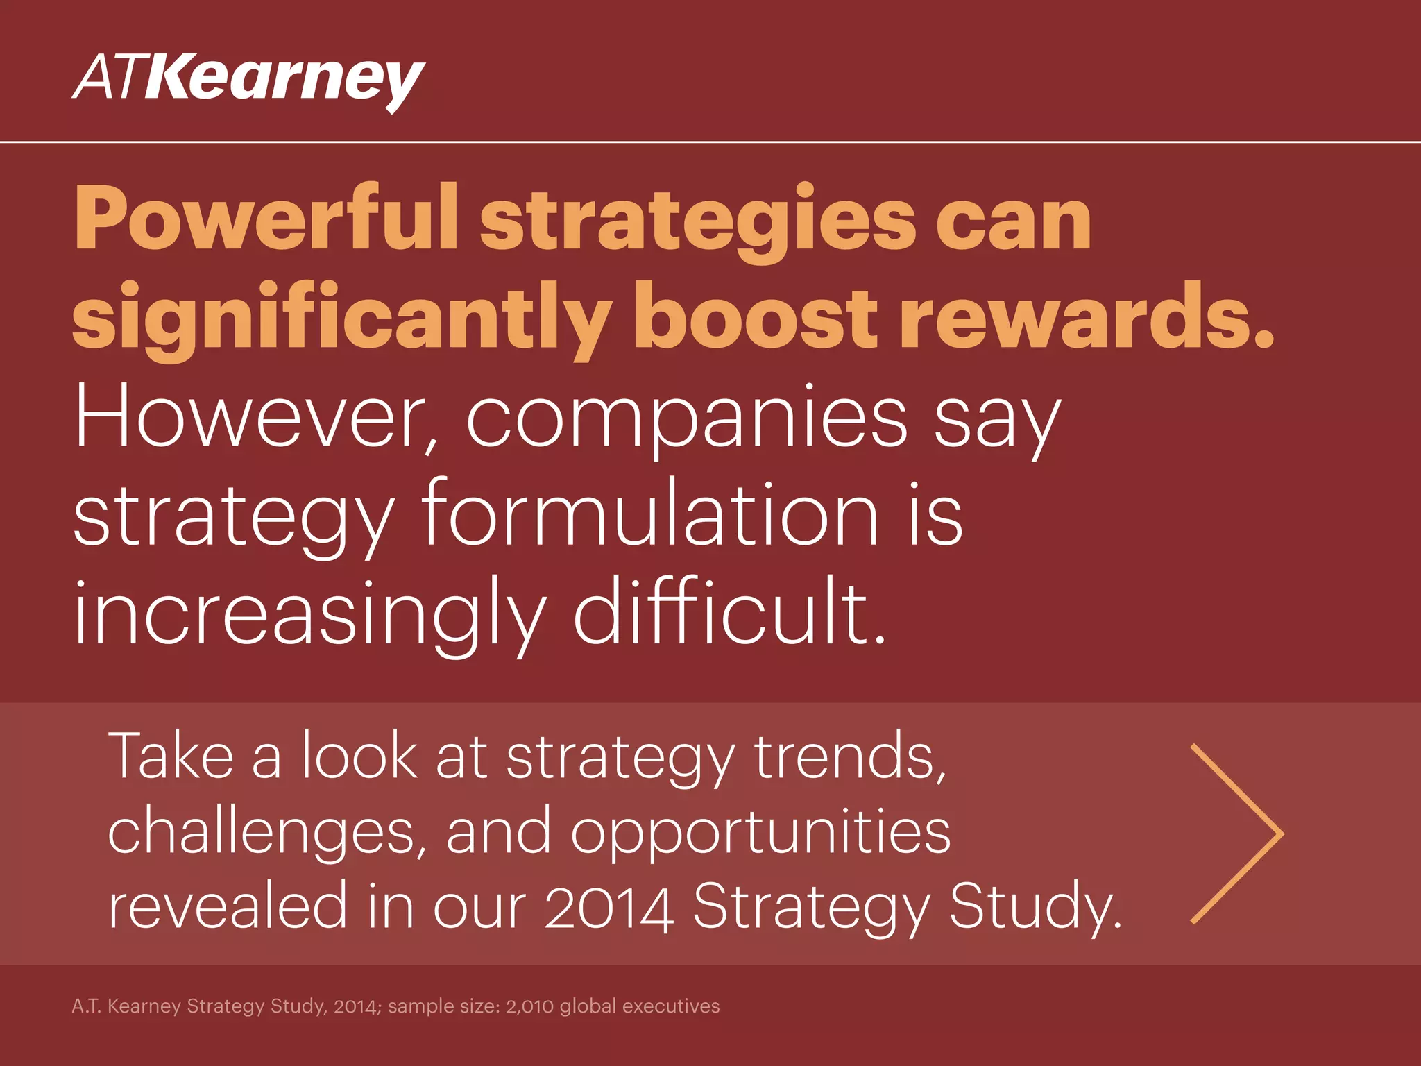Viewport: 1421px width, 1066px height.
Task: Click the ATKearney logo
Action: [x=248, y=81]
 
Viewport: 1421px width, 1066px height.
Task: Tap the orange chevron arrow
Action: [x=1236, y=834]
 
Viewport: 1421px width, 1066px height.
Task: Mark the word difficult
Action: [x=729, y=611]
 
